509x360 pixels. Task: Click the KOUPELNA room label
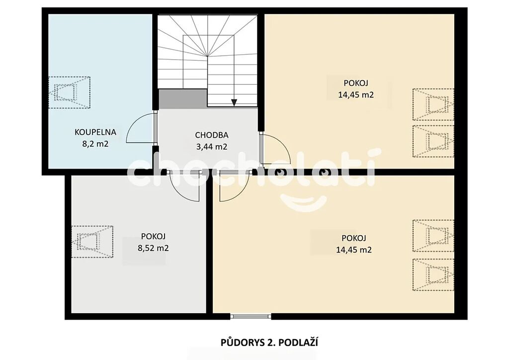pos(95,132)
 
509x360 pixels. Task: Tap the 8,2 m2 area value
pos(95,144)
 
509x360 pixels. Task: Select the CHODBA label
pos(212,135)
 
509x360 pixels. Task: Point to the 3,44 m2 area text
pos(212,147)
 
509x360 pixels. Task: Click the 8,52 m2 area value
pos(153,248)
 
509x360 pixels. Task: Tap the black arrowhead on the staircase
pos(234,102)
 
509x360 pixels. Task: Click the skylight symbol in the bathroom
pos(69,92)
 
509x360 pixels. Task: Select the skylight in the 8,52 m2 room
pos(92,242)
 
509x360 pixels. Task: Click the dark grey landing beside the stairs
pos(183,98)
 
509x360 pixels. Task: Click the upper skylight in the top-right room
pos(433,104)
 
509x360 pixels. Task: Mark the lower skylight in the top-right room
pos(433,141)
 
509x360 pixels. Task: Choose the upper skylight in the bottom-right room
pos(433,236)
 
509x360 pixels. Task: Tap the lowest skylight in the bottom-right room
pos(433,274)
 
